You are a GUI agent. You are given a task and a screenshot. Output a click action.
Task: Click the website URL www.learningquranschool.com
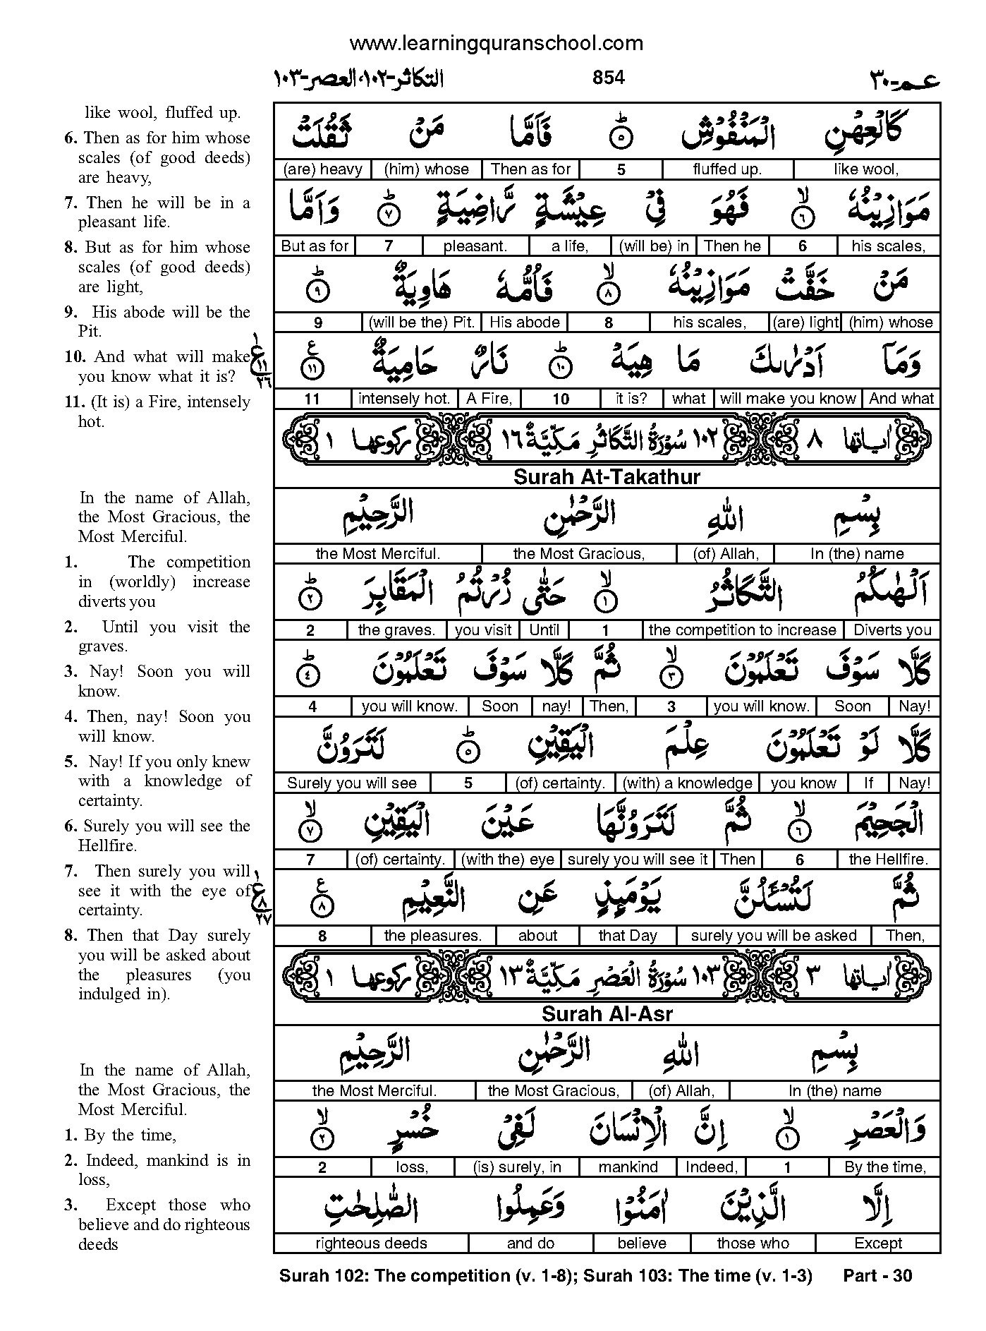[x=496, y=44]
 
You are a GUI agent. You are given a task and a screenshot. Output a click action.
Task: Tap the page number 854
[x=609, y=78]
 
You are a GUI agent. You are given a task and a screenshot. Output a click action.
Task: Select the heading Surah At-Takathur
[x=607, y=477]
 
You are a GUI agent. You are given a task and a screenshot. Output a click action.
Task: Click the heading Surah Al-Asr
[x=607, y=1014]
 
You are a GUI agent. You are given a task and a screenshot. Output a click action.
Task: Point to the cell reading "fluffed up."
[x=727, y=169]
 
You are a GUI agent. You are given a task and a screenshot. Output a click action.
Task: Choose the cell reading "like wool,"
[x=866, y=169]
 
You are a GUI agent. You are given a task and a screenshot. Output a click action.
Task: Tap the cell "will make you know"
[x=788, y=399]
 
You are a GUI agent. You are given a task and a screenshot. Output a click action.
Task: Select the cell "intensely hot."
[x=404, y=399]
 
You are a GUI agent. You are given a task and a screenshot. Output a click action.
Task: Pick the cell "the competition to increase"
[x=743, y=630]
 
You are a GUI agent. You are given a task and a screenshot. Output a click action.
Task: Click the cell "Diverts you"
[x=892, y=630]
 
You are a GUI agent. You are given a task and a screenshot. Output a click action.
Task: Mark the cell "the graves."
[x=396, y=630]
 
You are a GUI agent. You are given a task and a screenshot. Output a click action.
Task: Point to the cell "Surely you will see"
[x=352, y=783]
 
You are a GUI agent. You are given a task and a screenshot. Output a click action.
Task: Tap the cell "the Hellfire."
[x=889, y=860]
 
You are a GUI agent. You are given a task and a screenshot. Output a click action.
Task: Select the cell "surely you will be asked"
[x=774, y=936]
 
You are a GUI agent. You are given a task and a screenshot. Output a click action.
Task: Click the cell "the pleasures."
[x=433, y=936]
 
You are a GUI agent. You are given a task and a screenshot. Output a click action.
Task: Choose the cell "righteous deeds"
[x=371, y=1243]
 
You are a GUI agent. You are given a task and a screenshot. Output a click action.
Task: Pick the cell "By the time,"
[x=885, y=1167]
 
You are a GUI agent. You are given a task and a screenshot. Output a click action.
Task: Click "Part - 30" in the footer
[x=877, y=1276]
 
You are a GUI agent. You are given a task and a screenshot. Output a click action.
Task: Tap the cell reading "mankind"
[x=628, y=1167]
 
